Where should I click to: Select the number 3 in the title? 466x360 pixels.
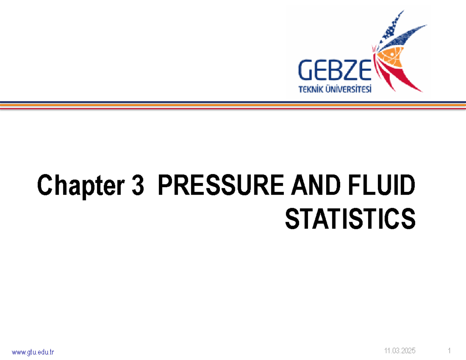tap(137, 187)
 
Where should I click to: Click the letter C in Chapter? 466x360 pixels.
tap(45, 187)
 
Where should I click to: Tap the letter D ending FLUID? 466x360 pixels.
tap(407, 187)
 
